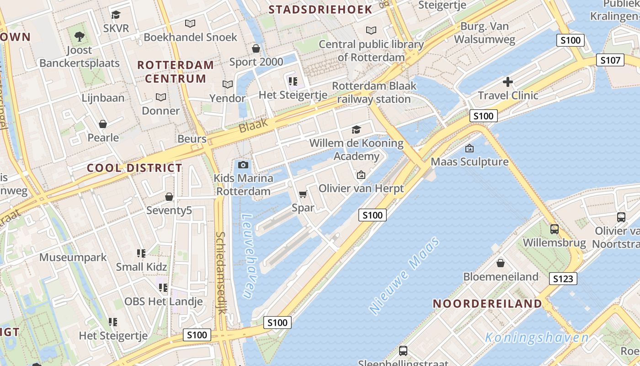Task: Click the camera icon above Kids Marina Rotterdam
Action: tap(243, 165)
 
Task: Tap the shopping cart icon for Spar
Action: tap(303, 194)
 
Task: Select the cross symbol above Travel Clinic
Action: tap(507, 82)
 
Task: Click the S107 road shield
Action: tap(610, 60)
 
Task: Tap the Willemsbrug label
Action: tap(554, 242)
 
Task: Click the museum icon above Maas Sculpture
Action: tap(469, 148)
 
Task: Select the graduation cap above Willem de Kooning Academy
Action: tap(356, 130)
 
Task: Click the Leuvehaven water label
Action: tap(247, 257)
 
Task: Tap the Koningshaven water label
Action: tap(537, 338)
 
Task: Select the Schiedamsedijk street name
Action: tap(221, 273)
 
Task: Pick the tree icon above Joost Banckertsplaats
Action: tap(80, 36)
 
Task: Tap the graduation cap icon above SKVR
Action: tap(116, 15)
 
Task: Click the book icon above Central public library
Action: tap(371, 31)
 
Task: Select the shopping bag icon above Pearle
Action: tap(103, 124)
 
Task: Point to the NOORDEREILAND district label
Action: tap(487, 303)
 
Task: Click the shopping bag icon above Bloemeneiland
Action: tap(501, 263)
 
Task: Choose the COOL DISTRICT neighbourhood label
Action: tap(134, 168)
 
